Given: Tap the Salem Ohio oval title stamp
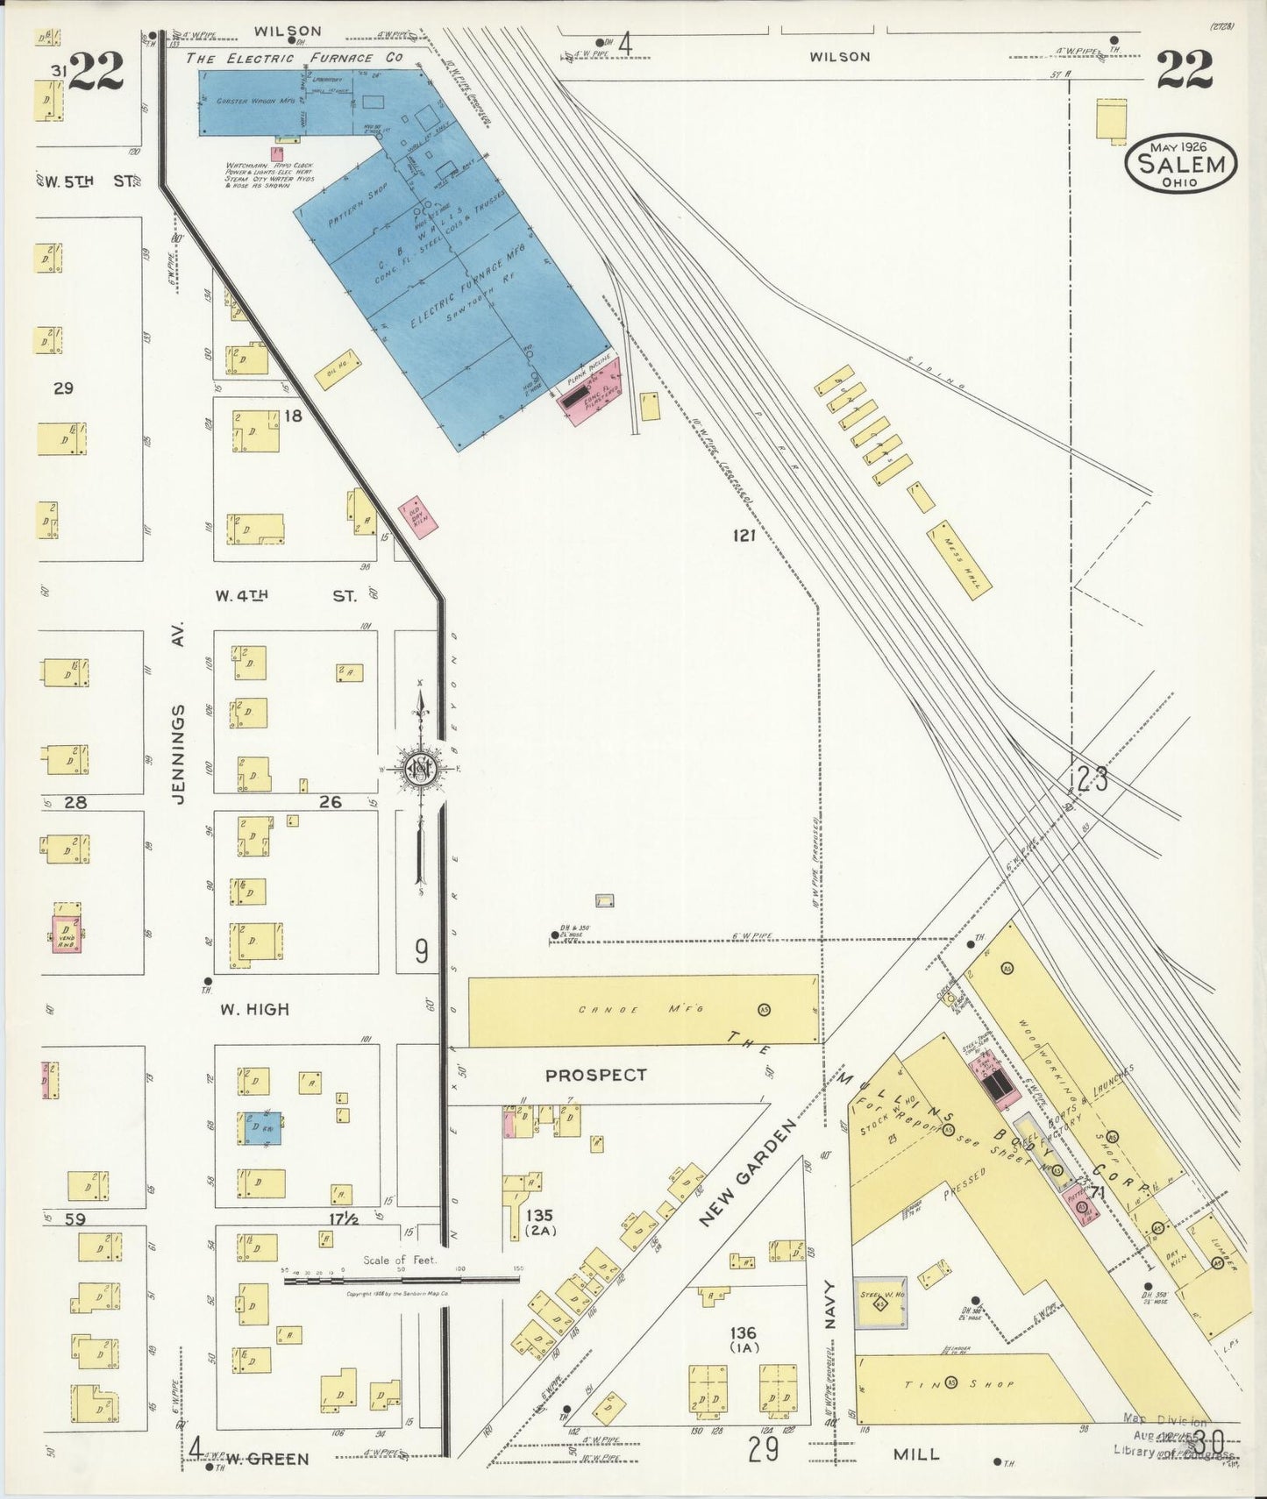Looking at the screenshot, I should tap(1181, 163).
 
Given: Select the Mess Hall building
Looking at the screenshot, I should tap(959, 561).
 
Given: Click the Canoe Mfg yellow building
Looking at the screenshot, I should tap(643, 1010).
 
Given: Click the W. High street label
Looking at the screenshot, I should tap(253, 1009).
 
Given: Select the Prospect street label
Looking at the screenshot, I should tap(595, 1075).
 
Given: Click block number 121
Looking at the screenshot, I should tap(744, 535).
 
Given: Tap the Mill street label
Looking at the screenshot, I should tap(916, 1453).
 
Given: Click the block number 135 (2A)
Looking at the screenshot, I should tap(539, 1222).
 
